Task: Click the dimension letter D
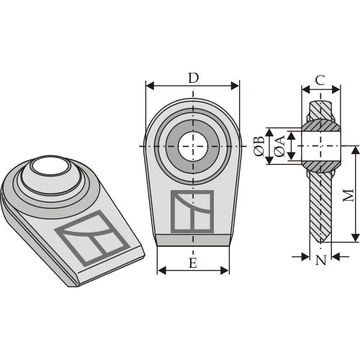click(x=194, y=78)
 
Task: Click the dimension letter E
click(x=193, y=263)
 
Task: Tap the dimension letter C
click(x=320, y=81)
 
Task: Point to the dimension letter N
click(x=321, y=260)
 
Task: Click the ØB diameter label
click(x=259, y=146)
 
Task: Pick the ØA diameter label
click(x=279, y=146)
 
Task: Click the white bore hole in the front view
click(x=193, y=146)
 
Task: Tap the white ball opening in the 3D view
click(x=50, y=166)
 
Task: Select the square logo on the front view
click(x=192, y=212)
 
